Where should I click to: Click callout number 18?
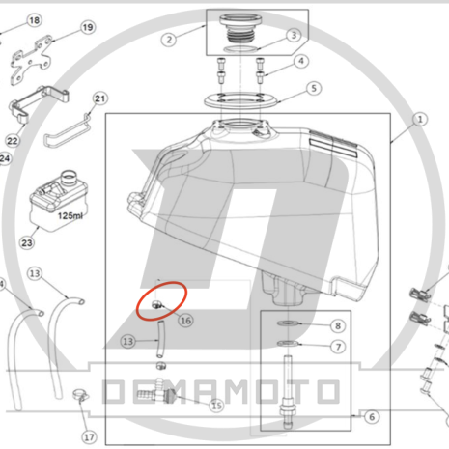(34, 20)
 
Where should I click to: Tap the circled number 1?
(420, 120)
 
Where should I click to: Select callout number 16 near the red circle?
(185, 321)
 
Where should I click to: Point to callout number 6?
(372, 417)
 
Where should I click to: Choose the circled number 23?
(27, 242)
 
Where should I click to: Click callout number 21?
(100, 98)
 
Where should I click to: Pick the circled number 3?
(294, 35)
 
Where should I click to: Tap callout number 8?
(338, 326)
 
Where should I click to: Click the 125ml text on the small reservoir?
(70, 215)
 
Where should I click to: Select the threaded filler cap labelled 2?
(239, 28)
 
